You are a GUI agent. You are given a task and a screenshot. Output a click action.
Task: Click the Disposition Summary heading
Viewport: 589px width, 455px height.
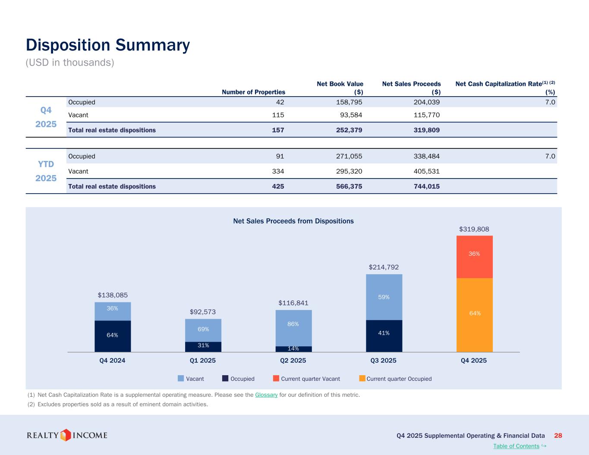point(108,45)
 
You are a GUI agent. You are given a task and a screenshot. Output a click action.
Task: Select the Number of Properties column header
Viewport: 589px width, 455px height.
point(253,92)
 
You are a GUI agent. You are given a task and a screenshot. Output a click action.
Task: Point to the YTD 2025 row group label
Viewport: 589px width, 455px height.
point(46,171)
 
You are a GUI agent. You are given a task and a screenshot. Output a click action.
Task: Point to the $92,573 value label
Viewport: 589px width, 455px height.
point(203,312)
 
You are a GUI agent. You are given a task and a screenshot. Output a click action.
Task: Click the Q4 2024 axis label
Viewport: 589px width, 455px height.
point(113,361)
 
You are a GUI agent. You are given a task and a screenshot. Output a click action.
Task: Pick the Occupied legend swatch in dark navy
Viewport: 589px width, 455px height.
point(225,378)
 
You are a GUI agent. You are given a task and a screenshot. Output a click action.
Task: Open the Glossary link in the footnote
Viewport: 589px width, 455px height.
point(266,395)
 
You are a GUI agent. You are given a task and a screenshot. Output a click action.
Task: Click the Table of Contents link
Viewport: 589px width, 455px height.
point(516,446)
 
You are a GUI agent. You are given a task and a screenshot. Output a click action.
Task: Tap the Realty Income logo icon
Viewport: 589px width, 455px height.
point(66,435)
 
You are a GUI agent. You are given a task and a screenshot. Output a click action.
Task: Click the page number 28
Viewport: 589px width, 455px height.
point(558,436)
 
